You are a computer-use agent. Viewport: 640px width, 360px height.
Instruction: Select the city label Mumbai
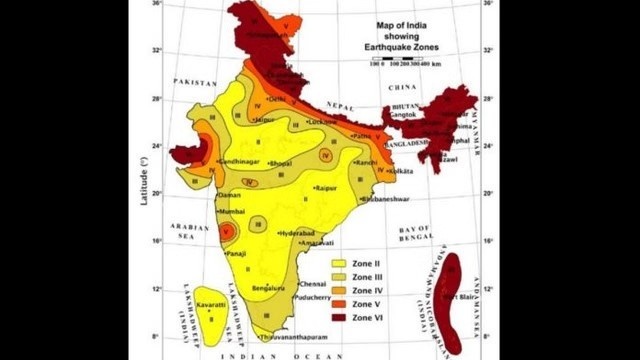pyautogui.click(x=233, y=212)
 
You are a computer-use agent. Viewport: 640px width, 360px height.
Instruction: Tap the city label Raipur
pyautogui.click(x=326, y=188)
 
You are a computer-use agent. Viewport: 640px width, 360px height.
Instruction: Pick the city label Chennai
pyautogui.click(x=313, y=283)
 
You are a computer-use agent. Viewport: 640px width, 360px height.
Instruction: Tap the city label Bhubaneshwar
pyautogui.click(x=384, y=198)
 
